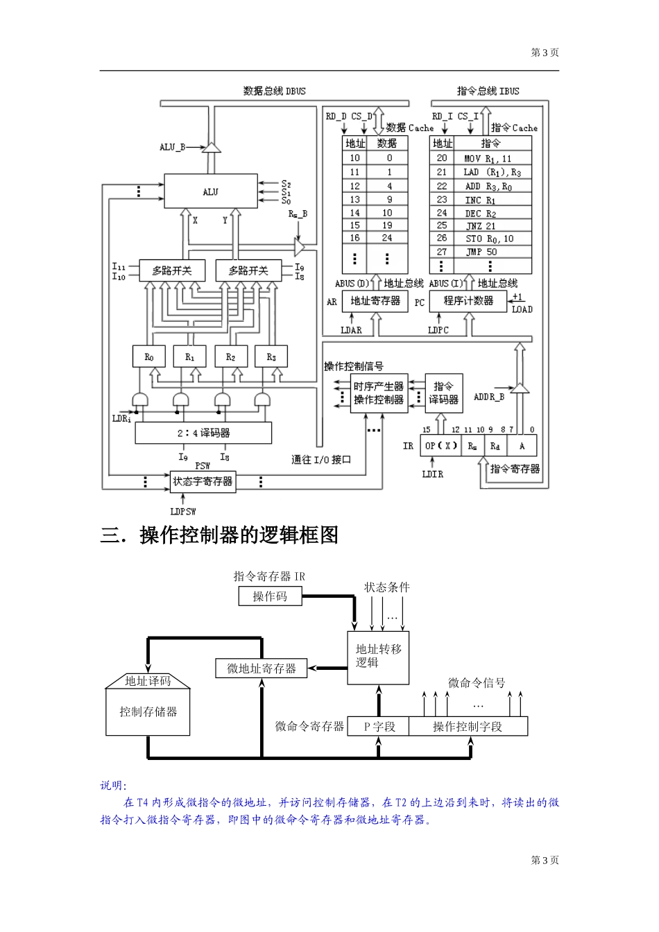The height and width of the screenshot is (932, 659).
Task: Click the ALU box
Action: click(x=211, y=191)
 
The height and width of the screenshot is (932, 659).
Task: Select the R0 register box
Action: click(x=149, y=356)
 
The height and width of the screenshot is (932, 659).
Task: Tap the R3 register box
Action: click(x=271, y=356)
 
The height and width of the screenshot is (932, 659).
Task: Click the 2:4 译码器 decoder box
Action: click(x=203, y=433)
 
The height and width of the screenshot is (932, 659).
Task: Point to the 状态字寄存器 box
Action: click(x=203, y=481)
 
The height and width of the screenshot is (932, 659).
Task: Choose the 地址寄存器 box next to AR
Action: click(x=375, y=301)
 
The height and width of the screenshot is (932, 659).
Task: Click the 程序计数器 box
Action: click(x=468, y=301)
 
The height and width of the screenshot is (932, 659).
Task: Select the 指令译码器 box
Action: click(x=443, y=393)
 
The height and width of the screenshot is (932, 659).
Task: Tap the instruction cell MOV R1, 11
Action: click(x=488, y=158)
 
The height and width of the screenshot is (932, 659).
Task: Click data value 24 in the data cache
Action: click(x=387, y=238)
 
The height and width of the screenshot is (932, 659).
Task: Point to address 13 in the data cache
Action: click(x=355, y=199)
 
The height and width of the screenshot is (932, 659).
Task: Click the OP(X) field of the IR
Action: click(x=441, y=445)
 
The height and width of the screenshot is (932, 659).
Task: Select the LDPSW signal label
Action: click(x=183, y=511)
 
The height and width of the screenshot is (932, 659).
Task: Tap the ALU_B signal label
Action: click(x=173, y=147)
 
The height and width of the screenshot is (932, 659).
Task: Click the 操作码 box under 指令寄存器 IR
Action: click(x=270, y=596)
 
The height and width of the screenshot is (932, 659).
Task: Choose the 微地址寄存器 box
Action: click(x=262, y=668)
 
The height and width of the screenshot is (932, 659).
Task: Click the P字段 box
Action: click(x=378, y=726)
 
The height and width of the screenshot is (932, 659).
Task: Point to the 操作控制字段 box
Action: click(x=468, y=726)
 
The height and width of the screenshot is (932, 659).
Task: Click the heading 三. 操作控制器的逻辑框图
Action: click(x=219, y=535)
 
